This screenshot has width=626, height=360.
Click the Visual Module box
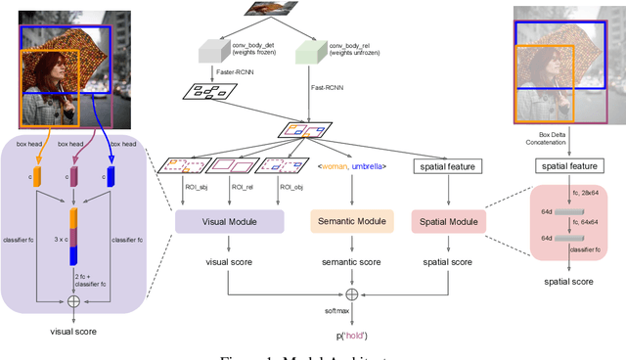[229, 222]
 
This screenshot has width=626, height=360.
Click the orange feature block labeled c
[39, 177]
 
